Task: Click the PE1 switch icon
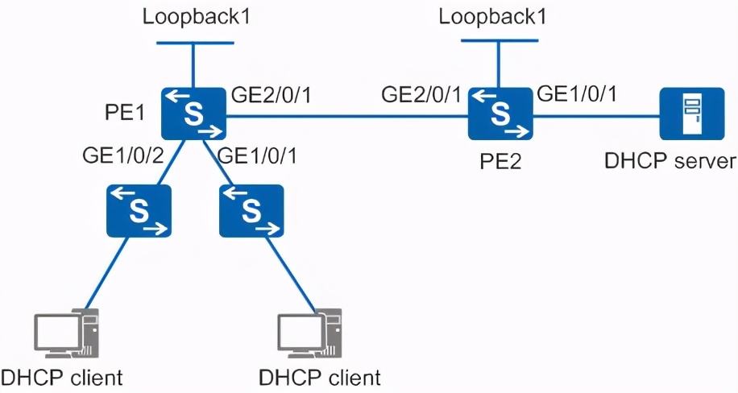pos(193,114)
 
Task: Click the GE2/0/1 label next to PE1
pos(270,93)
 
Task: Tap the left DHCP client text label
pos(62,378)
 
